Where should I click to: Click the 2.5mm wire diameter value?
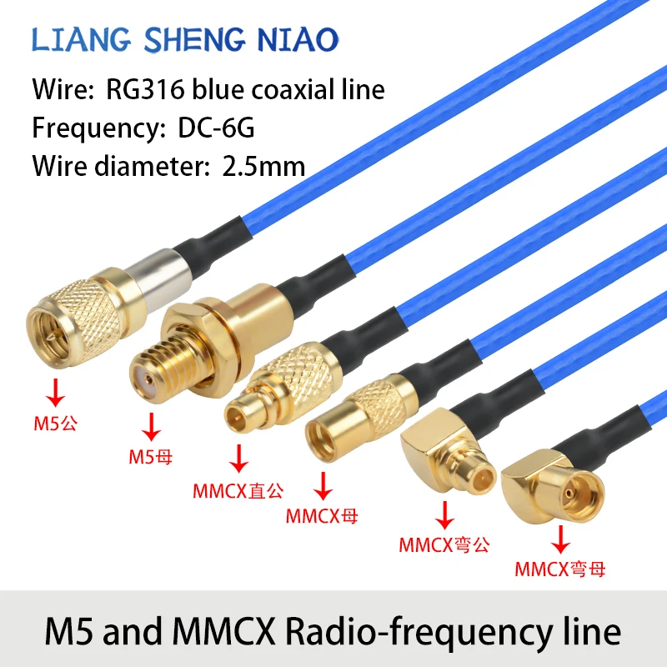click(264, 165)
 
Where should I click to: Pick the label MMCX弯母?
click(559, 569)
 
